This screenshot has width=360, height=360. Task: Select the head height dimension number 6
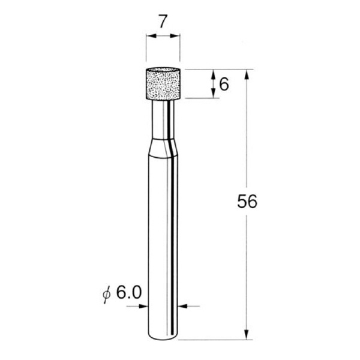(x=224, y=84)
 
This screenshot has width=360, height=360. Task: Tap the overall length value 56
(x=247, y=202)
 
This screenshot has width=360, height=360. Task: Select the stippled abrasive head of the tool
(x=163, y=83)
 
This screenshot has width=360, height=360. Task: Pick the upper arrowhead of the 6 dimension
(x=213, y=74)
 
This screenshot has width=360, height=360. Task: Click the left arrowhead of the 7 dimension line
(x=150, y=37)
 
